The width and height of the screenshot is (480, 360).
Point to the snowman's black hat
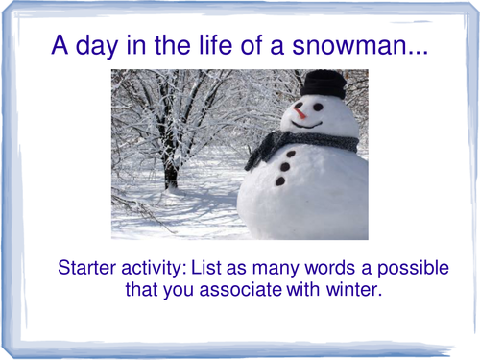point(324,84)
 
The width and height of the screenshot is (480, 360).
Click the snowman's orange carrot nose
point(300,113)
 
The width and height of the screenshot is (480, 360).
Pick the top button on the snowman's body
point(291,154)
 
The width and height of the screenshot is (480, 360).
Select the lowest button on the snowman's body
point(280,180)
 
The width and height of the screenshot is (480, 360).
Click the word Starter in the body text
point(89,266)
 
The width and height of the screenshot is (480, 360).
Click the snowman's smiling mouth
point(307,123)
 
